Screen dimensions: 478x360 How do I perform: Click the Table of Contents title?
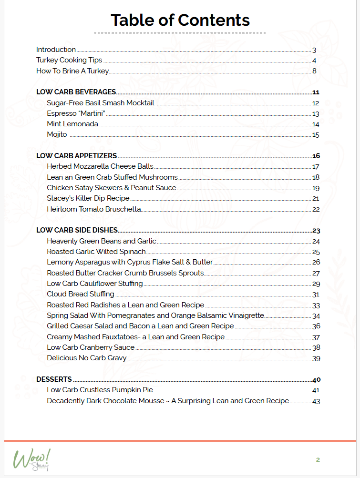point(180,20)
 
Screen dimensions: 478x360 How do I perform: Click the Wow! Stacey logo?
point(31,460)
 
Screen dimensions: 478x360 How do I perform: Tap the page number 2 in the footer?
point(318,460)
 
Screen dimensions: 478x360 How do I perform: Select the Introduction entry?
point(56,50)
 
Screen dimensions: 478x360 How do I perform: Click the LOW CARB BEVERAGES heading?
point(76,92)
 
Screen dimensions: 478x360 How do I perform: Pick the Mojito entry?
point(57,134)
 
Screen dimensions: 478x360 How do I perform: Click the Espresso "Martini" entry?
point(75,113)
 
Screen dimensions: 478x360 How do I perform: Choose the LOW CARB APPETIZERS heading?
point(76,156)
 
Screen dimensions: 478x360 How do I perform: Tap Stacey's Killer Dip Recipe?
point(88,198)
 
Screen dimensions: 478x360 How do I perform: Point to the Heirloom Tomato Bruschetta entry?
point(93,209)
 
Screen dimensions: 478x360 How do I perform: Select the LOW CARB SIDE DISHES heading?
point(77,231)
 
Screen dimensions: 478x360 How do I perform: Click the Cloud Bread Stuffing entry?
point(80,294)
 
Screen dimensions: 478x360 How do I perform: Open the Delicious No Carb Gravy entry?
point(86,358)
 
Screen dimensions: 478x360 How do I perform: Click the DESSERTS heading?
point(54,379)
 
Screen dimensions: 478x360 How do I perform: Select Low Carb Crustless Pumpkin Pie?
point(100,390)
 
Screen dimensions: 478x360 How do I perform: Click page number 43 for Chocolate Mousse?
point(316,401)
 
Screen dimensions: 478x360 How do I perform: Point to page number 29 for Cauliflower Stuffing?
point(316,284)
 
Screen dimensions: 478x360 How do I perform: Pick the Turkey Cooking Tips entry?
point(69,61)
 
